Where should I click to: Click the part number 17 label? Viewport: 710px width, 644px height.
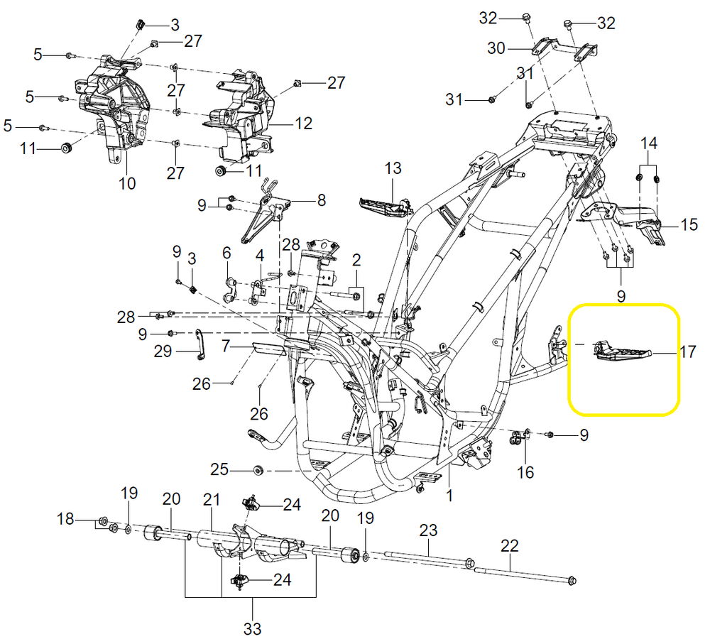[x=687, y=351]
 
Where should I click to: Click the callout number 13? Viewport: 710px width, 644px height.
[x=393, y=168]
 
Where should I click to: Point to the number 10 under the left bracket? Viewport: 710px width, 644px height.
[x=127, y=184]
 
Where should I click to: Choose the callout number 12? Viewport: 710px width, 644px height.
[x=303, y=124]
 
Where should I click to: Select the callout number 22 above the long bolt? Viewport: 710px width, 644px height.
[x=510, y=546]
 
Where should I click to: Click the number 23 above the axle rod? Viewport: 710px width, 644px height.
[x=428, y=530]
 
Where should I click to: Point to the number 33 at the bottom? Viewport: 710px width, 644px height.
[x=253, y=628]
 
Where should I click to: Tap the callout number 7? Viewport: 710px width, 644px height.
[x=225, y=346]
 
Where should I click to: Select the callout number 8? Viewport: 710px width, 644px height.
[x=321, y=201]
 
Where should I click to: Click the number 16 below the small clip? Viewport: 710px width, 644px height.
[x=525, y=471]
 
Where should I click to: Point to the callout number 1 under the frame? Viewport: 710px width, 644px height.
[x=449, y=495]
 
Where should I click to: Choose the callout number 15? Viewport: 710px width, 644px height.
[x=689, y=225]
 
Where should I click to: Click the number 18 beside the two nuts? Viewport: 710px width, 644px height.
[x=65, y=520]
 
